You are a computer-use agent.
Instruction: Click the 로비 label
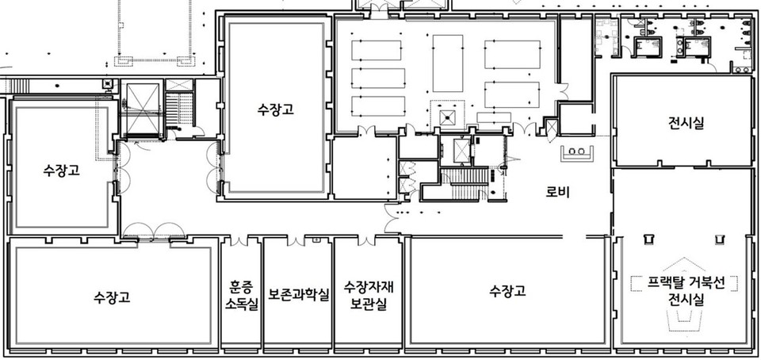click(x=557, y=192)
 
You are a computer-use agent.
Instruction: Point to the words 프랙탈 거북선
click(x=686, y=283)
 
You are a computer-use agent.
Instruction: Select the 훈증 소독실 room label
click(x=241, y=296)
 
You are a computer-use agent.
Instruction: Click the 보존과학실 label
click(x=299, y=294)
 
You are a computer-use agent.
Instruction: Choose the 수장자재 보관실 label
click(x=369, y=296)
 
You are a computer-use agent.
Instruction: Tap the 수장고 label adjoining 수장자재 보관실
click(x=507, y=291)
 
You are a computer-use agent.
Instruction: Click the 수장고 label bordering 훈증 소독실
click(x=112, y=297)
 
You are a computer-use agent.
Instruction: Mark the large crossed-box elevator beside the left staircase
click(x=143, y=109)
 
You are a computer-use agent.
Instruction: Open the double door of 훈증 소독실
click(x=239, y=240)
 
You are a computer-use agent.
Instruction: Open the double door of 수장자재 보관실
click(x=367, y=240)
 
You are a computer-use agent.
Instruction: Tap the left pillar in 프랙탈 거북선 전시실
click(x=647, y=239)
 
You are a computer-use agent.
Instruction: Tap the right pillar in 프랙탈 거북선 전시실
click(x=719, y=239)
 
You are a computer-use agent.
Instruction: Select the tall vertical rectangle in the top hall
click(x=447, y=63)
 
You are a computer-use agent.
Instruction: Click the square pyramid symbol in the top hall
click(x=447, y=117)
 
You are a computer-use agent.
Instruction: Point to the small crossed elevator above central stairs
click(x=461, y=150)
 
